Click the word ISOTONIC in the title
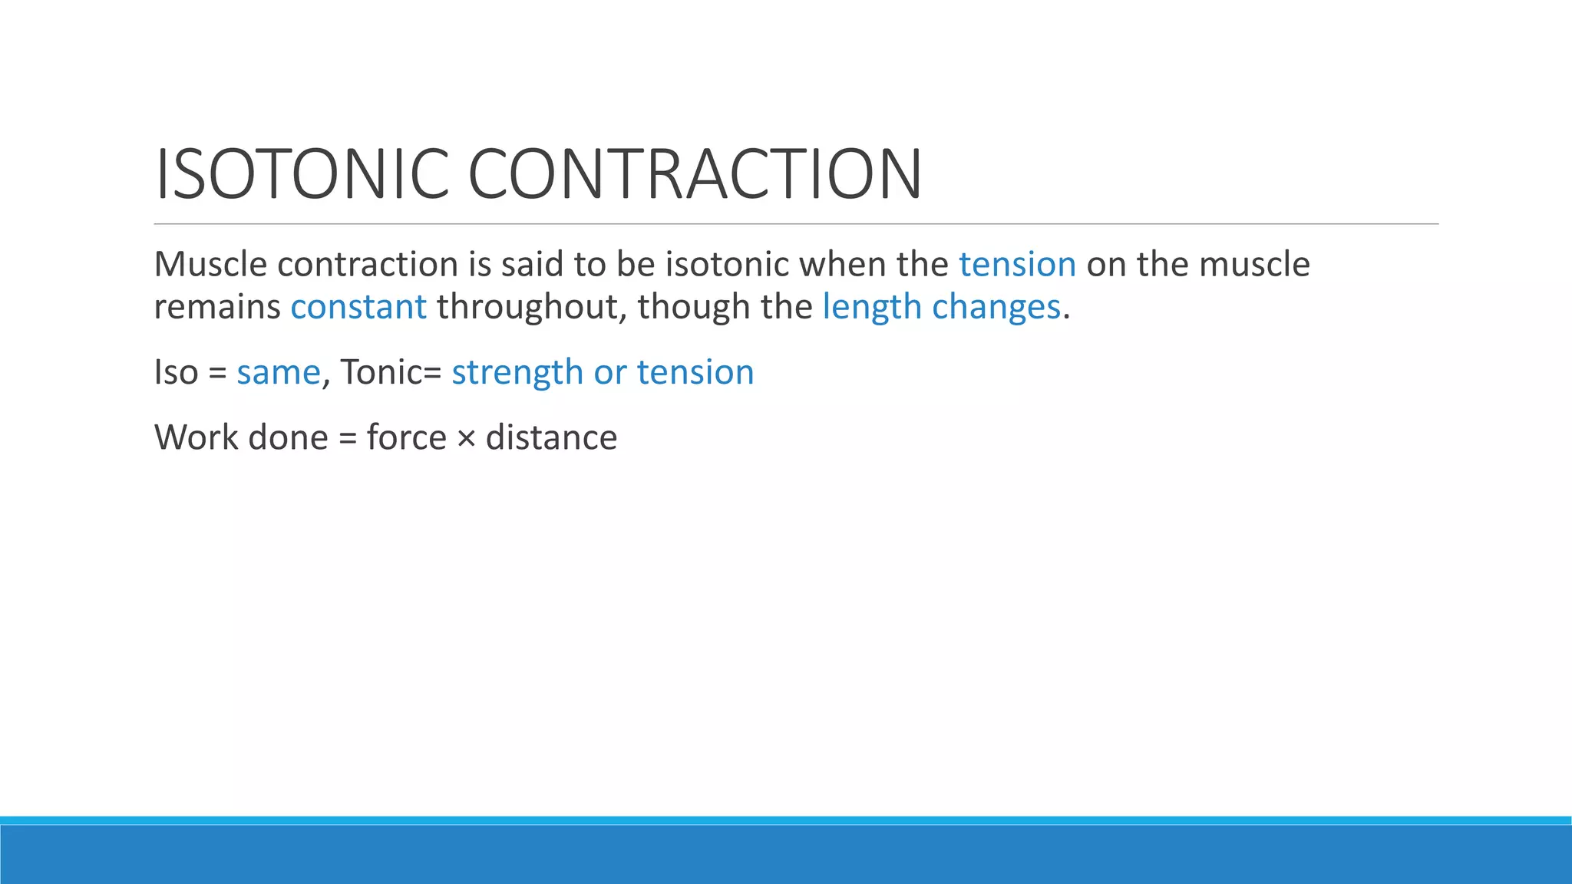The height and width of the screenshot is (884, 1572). pos(302,175)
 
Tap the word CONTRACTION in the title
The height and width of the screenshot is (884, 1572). pos(695,175)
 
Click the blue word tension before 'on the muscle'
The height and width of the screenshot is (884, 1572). pos(1017,265)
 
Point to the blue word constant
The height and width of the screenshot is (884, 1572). pos(358,307)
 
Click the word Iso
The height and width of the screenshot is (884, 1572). pos(176,372)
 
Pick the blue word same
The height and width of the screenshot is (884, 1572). pos(278,373)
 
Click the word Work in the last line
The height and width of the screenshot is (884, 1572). pos(196,437)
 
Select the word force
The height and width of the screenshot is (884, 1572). pos(406,437)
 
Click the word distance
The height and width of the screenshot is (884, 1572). pos(551,437)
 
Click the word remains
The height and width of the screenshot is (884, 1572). pos(217,307)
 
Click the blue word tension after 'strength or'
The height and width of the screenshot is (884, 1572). pos(695,373)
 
